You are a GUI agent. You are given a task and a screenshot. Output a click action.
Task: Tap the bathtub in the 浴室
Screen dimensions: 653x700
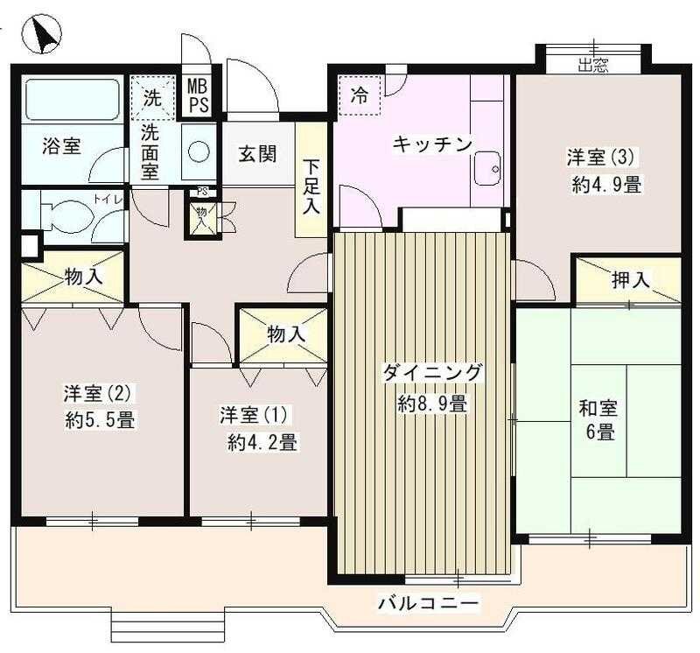(71, 100)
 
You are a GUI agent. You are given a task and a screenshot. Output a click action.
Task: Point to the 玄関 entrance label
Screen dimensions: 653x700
(257, 154)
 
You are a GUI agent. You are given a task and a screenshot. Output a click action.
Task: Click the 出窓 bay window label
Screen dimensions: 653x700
(592, 64)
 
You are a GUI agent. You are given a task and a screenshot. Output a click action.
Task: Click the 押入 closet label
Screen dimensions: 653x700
(630, 280)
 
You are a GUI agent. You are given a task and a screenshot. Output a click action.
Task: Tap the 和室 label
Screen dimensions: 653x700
(598, 408)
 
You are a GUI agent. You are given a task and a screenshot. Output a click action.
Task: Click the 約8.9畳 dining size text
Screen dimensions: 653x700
(431, 404)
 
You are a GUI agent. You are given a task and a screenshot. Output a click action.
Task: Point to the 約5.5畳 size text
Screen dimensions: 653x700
(99, 420)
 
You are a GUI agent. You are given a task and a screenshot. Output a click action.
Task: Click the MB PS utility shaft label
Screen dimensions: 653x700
(200, 94)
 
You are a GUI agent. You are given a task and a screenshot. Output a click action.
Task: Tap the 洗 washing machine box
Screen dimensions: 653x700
(152, 97)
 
